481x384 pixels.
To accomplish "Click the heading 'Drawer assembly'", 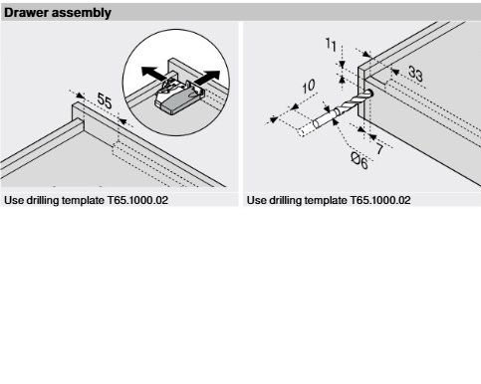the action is [58, 13].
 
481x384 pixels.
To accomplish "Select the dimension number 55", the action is [105, 100].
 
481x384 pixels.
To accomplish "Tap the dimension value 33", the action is [415, 74].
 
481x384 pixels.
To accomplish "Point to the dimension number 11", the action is [331, 44].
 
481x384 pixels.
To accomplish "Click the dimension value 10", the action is [309, 87].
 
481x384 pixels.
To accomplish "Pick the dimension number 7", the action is [379, 149].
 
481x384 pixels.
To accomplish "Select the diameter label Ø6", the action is [360, 161].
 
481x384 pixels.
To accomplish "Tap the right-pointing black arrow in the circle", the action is [206, 78].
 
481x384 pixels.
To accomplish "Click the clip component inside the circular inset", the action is [177, 96].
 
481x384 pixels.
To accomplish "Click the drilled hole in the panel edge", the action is [369, 94].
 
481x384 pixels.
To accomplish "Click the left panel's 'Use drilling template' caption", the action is [86, 200].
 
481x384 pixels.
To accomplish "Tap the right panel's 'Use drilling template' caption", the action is [329, 200].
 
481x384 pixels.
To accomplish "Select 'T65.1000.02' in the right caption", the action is [380, 200].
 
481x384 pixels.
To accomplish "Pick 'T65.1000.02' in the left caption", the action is [137, 200].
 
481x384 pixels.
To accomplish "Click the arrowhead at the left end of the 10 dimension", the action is [273, 119].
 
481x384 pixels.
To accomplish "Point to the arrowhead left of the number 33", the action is [395, 72].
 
